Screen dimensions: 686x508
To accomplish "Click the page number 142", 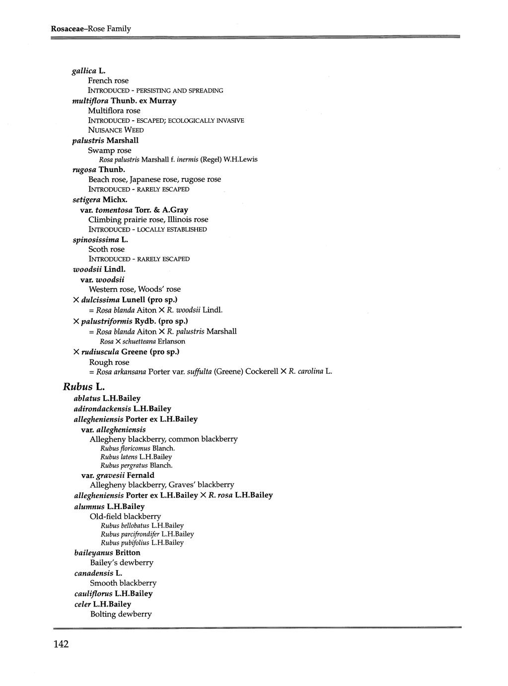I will tap(60, 644).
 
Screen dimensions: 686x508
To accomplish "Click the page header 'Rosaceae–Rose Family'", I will tap(90, 29).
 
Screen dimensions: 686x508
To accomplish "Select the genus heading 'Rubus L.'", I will tap(84, 386).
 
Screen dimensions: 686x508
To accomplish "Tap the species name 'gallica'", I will tap(83, 71).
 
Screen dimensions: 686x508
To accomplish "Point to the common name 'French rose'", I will tap(108, 81).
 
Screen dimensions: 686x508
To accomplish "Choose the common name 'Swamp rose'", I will tap(110, 150).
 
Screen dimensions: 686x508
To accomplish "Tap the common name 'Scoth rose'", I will tap(106, 249).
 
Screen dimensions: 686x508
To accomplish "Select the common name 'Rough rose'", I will tap(109, 362).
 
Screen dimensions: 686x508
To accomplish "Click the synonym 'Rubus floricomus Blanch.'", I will tap(138, 448).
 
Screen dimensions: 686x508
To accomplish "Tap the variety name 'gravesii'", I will tap(110, 475).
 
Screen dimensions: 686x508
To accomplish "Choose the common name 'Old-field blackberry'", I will tap(126, 516).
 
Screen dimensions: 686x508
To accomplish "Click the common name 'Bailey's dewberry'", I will tap(122, 563).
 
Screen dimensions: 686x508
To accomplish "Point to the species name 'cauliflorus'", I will tap(93, 594).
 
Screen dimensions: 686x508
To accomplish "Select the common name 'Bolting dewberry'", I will tap(121, 614).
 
